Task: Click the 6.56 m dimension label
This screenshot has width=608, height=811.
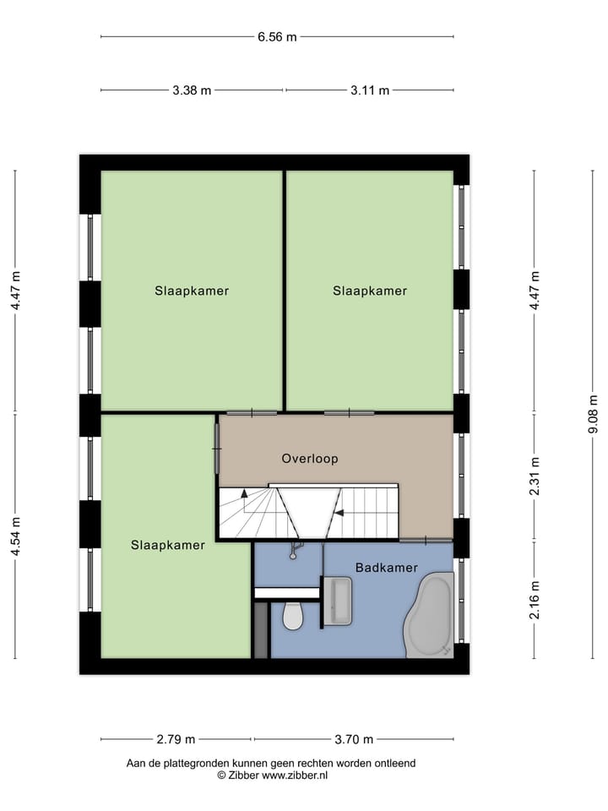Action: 277,36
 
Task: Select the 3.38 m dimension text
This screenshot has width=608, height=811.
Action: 192,90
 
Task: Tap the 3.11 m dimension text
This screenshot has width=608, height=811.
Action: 370,90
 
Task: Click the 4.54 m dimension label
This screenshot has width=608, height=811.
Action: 14,536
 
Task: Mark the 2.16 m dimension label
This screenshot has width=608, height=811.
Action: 534,600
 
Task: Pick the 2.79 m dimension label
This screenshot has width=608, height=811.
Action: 176,739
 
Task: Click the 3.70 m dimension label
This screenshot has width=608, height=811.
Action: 354,739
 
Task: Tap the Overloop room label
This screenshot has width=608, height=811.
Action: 310,459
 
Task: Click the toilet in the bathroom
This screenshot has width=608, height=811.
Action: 293,617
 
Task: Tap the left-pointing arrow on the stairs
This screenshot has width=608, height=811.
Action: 338,512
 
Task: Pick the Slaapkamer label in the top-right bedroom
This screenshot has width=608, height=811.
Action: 370,291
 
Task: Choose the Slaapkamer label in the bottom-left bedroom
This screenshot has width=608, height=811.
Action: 168,545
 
